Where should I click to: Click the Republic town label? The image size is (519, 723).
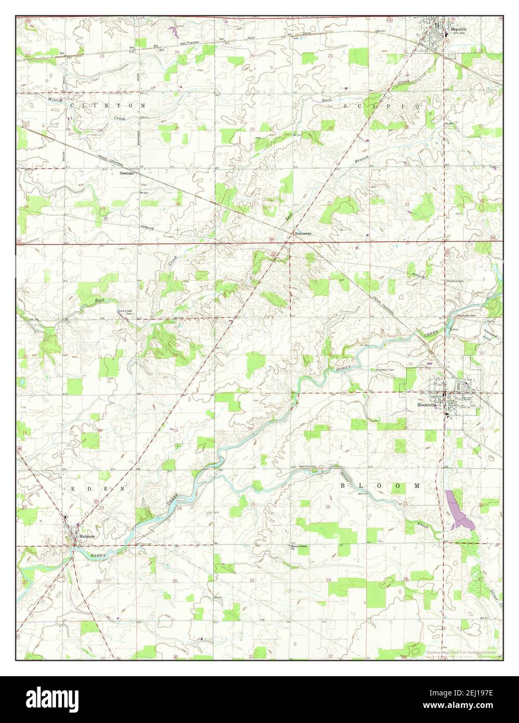point(459,30)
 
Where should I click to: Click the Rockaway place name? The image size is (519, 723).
point(304,234)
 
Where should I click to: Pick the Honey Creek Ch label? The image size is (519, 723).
point(296,547)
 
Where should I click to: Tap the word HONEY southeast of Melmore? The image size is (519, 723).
point(98,556)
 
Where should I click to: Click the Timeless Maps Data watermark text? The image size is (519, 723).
point(462,653)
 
